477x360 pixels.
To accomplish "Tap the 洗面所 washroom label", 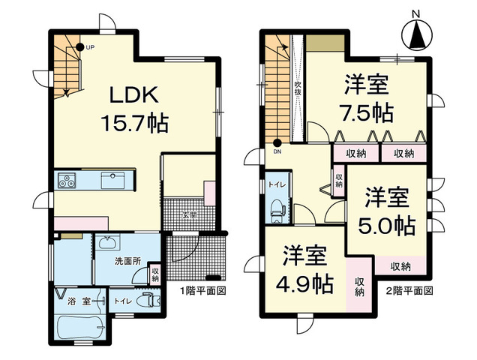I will coord(127,261).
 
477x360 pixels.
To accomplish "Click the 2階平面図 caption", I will coord(410,290).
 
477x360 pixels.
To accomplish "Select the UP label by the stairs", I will coord(90,47).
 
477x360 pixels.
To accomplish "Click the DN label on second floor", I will coord(278,151).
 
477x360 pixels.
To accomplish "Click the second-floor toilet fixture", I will coord(276,208).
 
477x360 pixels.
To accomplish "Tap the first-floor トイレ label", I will coord(121,301).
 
